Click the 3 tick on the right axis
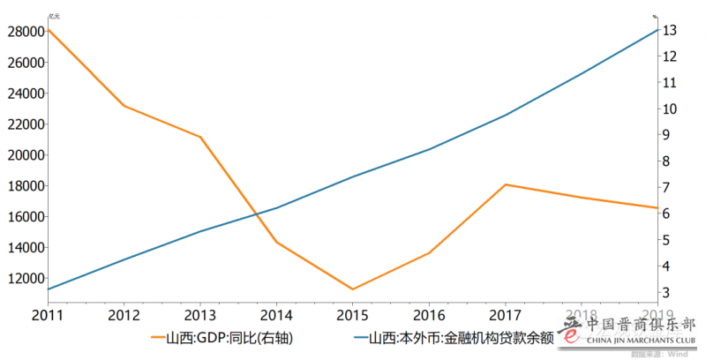coord(672,292)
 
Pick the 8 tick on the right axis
coord(672,161)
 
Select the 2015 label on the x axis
coord(353,314)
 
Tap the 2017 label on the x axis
coord(505,314)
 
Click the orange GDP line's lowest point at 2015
coord(353,289)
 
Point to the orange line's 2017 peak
coord(505,184)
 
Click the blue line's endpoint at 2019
coord(657,30)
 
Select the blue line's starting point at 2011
coord(48,289)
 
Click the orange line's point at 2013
coord(200,137)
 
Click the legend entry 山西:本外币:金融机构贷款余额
coord(459,337)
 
